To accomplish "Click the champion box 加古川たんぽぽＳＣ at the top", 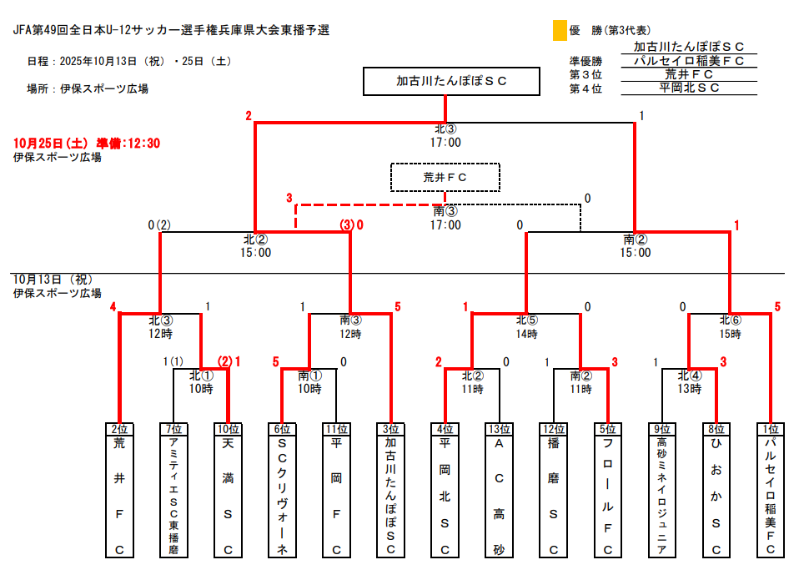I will tap(445, 82).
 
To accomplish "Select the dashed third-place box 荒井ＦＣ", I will tap(445, 177).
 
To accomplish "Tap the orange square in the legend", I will tap(560, 31).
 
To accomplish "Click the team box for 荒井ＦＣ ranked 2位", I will tap(119, 490).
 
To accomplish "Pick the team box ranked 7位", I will tap(173, 490).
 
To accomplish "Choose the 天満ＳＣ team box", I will tap(228, 490).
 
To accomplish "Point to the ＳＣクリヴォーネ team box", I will tap(282, 490).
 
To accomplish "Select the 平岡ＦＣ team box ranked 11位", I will tap(336, 490).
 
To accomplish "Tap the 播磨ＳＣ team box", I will tap(553, 490).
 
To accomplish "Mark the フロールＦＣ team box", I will tap(607, 490).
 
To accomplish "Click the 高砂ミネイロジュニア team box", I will tap(661, 490).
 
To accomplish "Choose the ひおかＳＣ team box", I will tap(716, 490).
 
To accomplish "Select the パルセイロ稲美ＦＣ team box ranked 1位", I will tap(770, 490).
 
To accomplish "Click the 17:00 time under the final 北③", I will tap(445, 143).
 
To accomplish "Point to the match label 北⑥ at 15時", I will tap(731, 320).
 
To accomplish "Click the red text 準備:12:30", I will tap(128, 143).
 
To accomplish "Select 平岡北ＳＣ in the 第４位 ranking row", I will tap(689, 88).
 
